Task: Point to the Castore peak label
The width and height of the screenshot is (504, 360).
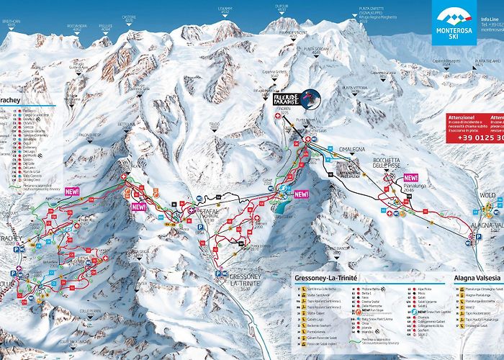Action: pos(130,17)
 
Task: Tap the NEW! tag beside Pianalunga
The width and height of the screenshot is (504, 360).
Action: pos(411,177)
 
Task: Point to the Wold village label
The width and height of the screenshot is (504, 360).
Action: pos(487,195)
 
